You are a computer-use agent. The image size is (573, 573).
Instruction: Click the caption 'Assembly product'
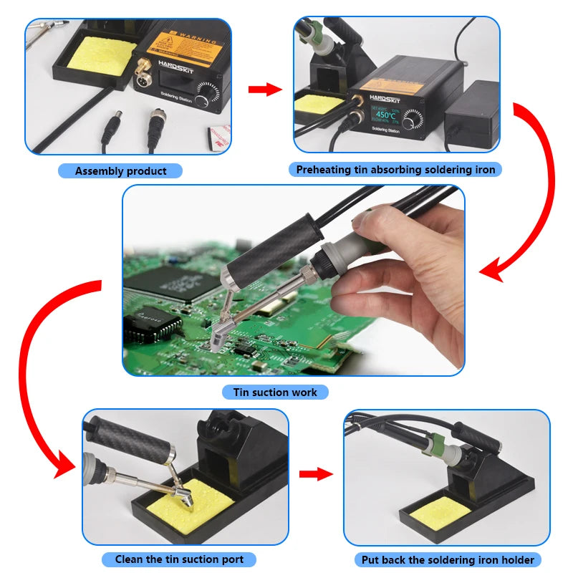(120, 171)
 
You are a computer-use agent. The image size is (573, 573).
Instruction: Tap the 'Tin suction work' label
(275, 393)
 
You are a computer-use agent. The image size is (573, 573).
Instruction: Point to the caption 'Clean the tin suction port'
(179, 559)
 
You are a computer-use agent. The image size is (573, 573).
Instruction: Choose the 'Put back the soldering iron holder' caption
(448, 559)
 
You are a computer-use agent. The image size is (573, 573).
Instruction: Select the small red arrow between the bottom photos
(316, 474)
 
